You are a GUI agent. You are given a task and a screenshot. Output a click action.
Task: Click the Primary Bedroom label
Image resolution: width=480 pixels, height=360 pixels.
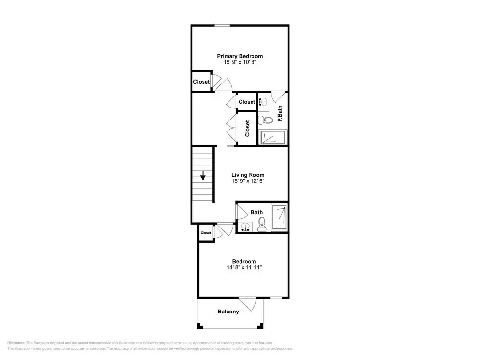click(240, 56)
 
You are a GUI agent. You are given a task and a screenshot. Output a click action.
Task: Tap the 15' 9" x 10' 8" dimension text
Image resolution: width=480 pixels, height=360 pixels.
click(240, 62)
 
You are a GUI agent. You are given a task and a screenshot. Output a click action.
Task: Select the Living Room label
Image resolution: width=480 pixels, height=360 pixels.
click(248, 175)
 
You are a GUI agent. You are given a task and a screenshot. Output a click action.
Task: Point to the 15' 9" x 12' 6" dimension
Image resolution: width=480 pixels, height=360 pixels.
click(248, 181)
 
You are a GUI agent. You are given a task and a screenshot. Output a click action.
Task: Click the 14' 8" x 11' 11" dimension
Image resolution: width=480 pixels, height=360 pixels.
click(244, 267)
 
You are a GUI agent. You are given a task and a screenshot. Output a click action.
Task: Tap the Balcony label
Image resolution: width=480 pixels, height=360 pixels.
click(228, 312)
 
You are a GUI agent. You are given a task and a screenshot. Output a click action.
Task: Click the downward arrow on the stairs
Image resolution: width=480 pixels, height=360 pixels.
click(203, 176)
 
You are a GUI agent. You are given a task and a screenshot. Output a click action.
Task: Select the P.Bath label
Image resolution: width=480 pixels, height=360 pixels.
click(280, 114)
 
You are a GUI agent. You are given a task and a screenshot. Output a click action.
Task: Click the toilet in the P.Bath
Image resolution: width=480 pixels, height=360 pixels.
click(265, 120)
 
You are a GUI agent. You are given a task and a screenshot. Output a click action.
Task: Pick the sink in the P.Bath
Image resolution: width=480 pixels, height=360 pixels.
click(263, 102)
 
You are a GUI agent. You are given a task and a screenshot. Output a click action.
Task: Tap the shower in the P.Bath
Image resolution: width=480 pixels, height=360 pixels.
click(274, 137)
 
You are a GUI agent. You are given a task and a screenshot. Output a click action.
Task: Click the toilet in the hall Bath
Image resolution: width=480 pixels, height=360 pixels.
click(262, 224)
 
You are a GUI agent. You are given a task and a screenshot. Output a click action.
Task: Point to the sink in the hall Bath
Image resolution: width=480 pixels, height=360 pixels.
click(245, 227)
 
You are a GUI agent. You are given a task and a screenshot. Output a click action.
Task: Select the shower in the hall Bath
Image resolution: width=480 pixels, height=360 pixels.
click(279, 217)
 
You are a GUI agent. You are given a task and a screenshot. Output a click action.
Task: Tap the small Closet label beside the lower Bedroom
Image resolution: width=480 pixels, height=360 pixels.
click(206, 233)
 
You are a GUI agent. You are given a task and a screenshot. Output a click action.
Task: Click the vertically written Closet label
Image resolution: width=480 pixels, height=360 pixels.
click(247, 128)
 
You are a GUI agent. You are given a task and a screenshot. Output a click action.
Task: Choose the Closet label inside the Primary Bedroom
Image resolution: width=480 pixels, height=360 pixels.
click(202, 82)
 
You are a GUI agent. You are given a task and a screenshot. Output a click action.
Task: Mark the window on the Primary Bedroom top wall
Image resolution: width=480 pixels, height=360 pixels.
click(222, 26)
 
